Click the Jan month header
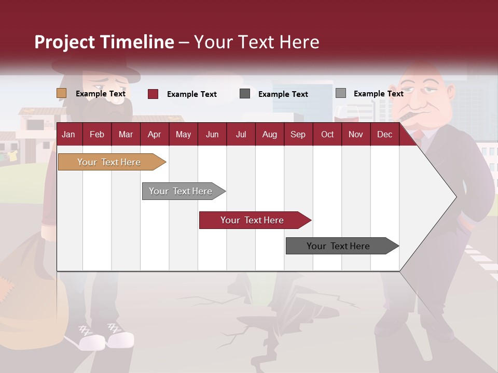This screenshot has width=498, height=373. point(68,135)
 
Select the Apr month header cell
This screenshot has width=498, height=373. point(154,135)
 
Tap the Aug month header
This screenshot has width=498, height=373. point(269,135)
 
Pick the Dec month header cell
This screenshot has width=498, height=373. point(384,135)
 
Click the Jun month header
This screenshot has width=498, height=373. point(212,135)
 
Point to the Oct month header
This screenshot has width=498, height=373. point(327,135)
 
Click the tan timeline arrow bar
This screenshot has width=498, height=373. point(109,162)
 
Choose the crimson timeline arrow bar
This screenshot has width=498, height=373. point(252,220)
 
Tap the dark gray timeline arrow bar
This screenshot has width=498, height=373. point(338,246)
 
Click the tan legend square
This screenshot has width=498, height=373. point(62,93)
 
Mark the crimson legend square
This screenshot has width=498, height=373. point(153,94)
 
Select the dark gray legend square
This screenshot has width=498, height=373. point(245,94)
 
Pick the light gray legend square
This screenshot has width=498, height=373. point(341,93)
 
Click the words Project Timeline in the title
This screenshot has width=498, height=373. point(104,42)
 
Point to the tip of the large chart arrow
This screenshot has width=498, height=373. point(455,197)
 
